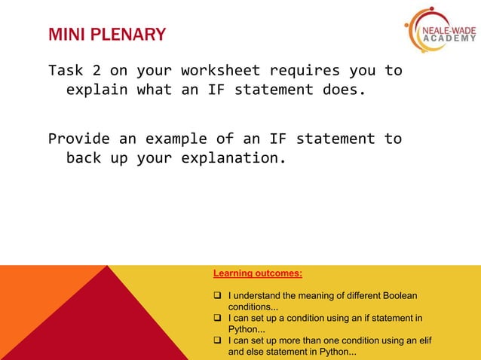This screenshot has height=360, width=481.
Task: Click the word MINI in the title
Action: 65,35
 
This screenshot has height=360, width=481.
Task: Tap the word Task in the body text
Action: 66,71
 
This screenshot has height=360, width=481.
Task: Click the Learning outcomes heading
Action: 257,273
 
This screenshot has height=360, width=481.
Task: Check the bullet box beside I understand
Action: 217,296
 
